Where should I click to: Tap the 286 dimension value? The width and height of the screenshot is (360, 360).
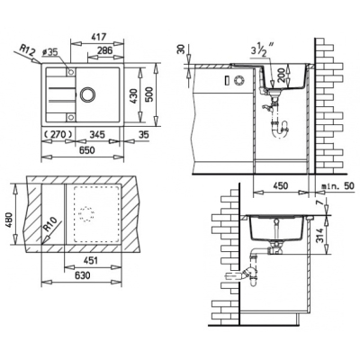(104, 49)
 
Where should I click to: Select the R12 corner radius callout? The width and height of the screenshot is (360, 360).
(28, 50)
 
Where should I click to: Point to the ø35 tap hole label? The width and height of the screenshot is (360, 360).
(49, 52)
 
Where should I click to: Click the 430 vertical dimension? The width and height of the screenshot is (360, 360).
(135, 96)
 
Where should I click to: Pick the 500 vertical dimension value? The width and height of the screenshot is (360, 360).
(150, 94)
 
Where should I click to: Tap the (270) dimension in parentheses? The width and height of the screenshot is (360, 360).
(58, 134)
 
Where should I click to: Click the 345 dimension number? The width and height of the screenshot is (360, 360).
(97, 134)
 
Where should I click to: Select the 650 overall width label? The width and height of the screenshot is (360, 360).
(86, 149)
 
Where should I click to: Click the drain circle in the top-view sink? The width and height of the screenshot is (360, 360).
(87, 94)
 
